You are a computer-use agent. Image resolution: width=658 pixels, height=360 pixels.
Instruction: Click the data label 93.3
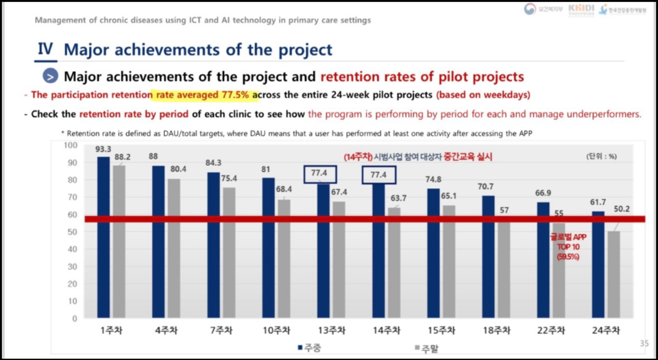tap(103, 149)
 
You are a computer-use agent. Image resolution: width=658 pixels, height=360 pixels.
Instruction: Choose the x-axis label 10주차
tap(276, 331)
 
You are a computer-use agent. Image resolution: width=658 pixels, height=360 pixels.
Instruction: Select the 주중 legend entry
tap(309, 348)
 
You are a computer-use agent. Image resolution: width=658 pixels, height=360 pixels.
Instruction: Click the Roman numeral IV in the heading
tap(45, 49)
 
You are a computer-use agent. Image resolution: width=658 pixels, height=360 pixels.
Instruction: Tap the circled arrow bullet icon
tap(50, 76)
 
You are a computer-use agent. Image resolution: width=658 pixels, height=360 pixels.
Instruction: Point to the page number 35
tap(644, 343)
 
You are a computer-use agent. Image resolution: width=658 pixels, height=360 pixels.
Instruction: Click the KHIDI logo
tap(581, 10)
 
